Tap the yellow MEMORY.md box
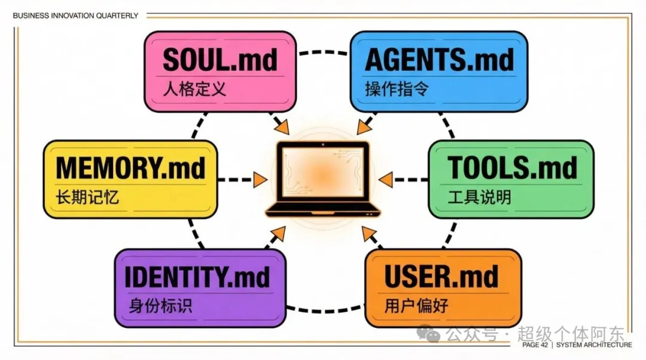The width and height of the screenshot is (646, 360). pyautogui.click(x=130, y=178)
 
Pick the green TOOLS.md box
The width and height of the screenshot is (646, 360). pyautogui.click(x=511, y=178)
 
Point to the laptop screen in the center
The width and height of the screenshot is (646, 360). pyautogui.click(x=323, y=172)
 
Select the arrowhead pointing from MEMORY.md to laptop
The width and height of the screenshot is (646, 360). pyautogui.click(x=260, y=179)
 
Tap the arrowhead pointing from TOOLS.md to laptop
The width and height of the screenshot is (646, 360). pyautogui.click(x=386, y=179)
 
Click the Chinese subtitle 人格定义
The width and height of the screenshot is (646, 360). pyautogui.click(x=194, y=90)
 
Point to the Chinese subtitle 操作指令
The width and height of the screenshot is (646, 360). pyautogui.click(x=397, y=90)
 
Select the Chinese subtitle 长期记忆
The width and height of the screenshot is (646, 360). pyautogui.click(x=87, y=197)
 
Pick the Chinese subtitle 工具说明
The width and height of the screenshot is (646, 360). pyautogui.click(x=479, y=197)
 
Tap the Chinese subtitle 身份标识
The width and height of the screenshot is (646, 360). pyautogui.click(x=160, y=306)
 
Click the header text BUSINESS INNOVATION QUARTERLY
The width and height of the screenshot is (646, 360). pyautogui.click(x=75, y=16)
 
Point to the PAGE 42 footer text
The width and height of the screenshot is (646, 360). pyautogui.click(x=536, y=345)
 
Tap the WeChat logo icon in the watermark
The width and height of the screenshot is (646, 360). pyautogui.click(x=430, y=332)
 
